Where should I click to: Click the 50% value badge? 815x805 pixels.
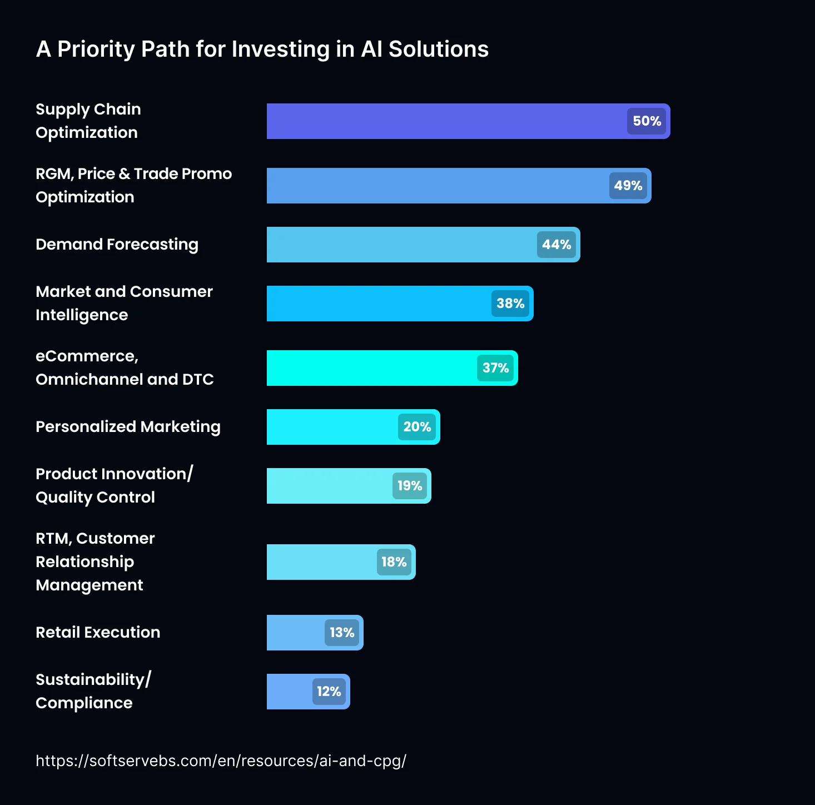point(647,121)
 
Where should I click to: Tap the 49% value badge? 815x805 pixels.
point(628,186)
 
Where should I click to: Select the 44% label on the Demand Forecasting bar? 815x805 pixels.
point(556,245)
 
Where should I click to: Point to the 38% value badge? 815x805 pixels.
point(510,304)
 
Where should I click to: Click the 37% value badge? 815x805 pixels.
point(495,368)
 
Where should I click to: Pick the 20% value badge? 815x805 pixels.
point(417,427)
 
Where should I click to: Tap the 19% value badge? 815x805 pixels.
point(410,486)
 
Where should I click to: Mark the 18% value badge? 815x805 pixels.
point(394,562)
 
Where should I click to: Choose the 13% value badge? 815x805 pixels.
point(342,633)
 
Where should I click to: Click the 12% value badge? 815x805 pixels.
point(329,692)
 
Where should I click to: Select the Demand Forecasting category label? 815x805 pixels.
point(117,245)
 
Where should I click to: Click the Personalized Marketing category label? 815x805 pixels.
point(128,427)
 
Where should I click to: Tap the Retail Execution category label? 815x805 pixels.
point(98,633)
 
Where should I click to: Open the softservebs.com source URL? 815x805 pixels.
point(221,761)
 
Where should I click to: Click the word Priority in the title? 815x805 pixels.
point(96,49)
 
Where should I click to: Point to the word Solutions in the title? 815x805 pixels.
point(438,49)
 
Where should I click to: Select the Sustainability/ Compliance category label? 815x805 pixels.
point(93,691)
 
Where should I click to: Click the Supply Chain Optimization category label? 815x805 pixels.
point(88,121)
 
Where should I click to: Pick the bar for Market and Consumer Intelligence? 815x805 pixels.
point(378,304)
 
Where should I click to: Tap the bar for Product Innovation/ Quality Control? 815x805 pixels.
point(328,486)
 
